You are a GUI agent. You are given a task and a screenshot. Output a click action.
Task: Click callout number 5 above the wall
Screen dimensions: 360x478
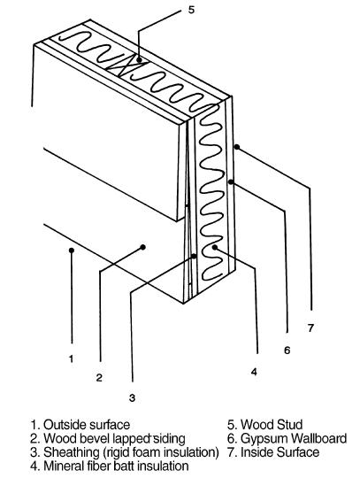click(x=191, y=10)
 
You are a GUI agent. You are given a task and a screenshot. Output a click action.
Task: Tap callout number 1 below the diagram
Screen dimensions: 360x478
click(x=72, y=358)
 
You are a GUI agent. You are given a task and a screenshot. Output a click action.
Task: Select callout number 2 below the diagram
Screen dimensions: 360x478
click(x=99, y=378)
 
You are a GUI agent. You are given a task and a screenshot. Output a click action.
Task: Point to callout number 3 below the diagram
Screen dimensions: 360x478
click(x=132, y=397)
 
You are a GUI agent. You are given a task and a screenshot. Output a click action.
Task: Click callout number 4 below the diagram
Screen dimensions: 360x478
click(x=254, y=372)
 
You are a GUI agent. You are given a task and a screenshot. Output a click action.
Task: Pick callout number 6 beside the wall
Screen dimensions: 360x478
click(x=287, y=350)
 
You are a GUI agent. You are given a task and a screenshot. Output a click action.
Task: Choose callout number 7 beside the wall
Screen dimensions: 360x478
click(x=310, y=328)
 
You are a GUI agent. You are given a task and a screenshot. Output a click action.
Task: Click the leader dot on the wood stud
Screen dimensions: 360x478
click(x=139, y=60)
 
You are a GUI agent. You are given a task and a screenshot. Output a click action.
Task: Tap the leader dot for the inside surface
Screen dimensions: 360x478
click(x=237, y=147)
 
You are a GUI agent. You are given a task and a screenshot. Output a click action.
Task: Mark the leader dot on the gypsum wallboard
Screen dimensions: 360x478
click(x=231, y=182)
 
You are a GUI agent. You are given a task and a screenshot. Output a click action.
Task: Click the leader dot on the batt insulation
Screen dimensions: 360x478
click(x=215, y=247)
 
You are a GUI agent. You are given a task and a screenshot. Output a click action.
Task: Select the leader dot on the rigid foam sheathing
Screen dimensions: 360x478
click(x=194, y=257)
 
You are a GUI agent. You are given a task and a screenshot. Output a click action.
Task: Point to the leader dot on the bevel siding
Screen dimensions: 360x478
click(x=142, y=247)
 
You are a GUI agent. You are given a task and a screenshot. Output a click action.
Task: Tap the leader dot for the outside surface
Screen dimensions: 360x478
click(x=72, y=251)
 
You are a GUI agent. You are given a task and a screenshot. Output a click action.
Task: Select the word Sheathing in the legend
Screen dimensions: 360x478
click(x=72, y=452)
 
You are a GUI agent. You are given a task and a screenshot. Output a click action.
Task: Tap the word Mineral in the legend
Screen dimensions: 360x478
click(x=63, y=466)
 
